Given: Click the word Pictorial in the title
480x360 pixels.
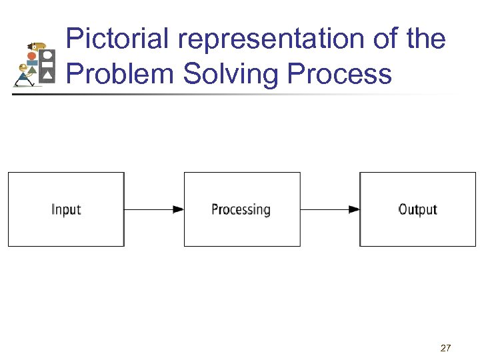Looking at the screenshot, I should point(119,39).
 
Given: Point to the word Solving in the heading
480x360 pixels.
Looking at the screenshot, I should point(231,73).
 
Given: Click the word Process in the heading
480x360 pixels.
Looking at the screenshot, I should point(339,73).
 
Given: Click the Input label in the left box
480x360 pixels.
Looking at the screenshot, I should point(66,209).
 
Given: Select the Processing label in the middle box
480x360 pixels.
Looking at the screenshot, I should point(241,209).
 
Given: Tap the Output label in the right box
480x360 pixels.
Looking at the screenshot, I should point(417,209).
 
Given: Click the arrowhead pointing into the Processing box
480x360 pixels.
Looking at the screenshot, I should point(178,209).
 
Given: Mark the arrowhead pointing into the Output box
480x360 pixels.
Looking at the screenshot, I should point(354,209).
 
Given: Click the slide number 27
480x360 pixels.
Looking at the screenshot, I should point(446,348).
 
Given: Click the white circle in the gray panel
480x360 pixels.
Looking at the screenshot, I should point(47,55).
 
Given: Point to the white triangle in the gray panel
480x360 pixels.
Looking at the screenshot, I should point(47,77).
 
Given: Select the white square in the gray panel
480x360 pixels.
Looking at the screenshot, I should point(47,65).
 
